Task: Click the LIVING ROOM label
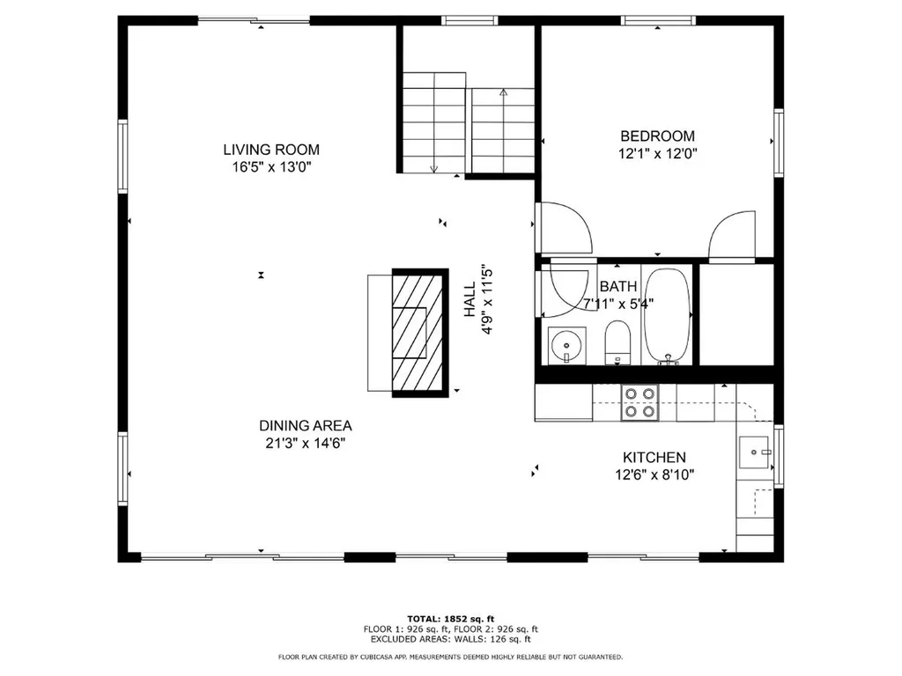tap(270, 150)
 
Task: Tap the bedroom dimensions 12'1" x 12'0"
tap(657, 152)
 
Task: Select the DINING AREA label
tap(306, 425)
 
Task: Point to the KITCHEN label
tap(654, 458)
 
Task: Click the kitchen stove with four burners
tap(640, 401)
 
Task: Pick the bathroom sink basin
tap(562, 346)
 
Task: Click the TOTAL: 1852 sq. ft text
tap(451, 618)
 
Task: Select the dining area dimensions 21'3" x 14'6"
tap(306, 443)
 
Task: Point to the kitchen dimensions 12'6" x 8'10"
tap(654, 475)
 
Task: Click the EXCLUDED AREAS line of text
tap(451, 640)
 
